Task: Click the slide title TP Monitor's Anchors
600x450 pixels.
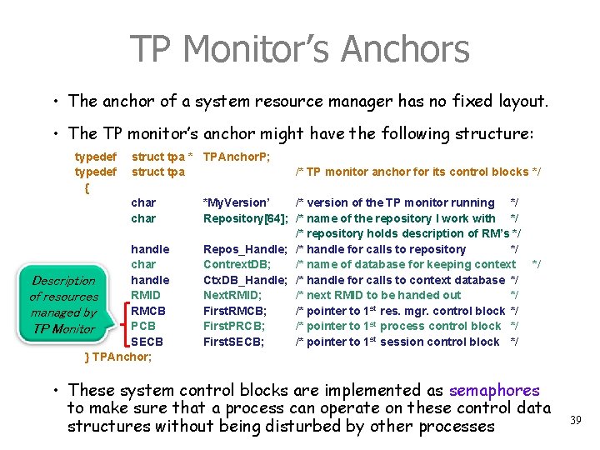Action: (299, 49)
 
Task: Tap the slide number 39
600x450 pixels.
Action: (575, 421)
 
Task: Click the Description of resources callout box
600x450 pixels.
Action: (64, 304)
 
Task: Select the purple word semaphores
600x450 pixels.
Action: (494, 390)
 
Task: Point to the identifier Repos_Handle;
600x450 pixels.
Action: (246, 249)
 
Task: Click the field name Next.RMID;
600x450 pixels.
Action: (232, 295)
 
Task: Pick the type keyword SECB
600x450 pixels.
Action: (147, 342)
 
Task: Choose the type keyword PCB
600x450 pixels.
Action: (144, 326)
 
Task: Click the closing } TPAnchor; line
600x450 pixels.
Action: (119, 357)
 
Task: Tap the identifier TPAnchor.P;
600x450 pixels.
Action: (237, 157)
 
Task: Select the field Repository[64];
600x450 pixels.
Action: (246, 218)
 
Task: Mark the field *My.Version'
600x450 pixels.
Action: (237, 202)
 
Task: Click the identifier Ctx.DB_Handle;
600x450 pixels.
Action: (245, 280)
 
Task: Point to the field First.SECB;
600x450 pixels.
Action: (234, 342)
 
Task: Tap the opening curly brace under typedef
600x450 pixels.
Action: (87, 187)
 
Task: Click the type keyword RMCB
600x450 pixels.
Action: (148, 311)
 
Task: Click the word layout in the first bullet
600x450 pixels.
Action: (517, 102)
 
